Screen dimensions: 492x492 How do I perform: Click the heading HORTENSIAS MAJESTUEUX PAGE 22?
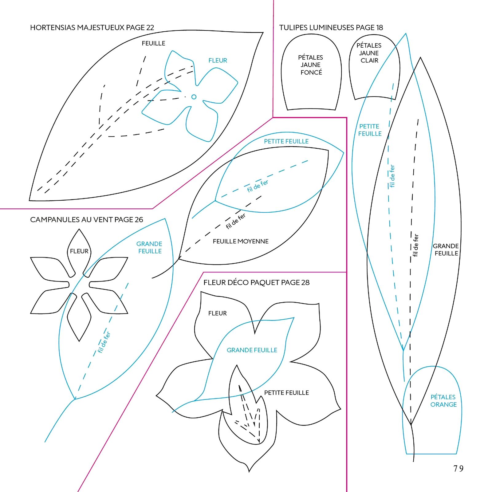pyautogui.click(x=92, y=28)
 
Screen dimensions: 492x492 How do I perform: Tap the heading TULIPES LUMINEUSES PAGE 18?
pyautogui.click(x=331, y=28)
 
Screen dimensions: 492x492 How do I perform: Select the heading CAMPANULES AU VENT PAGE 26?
pyautogui.click(x=86, y=220)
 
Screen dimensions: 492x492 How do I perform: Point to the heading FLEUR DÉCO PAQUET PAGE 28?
pyautogui.click(x=256, y=282)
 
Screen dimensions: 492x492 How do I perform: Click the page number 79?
pyautogui.click(x=458, y=468)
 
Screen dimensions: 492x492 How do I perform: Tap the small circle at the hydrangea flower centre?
pyautogui.click(x=194, y=97)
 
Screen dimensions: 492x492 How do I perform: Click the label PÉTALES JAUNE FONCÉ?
pyautogui.click(x=311, y=65)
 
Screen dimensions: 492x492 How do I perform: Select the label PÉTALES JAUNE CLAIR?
pyautogui.click(x=369, y=53)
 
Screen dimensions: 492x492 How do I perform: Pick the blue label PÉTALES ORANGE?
pyautogui.click(x=443, y=401)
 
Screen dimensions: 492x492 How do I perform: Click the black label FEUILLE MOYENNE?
pyautogui.click(x=241, y=242)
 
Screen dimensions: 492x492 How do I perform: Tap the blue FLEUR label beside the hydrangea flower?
pyautogui.click(x=218, y=61)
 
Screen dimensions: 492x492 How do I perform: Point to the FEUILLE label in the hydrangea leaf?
pyautogui.click(x=153, y=43)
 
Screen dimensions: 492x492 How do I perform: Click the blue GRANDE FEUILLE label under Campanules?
pyautogui.click(x=149, y=247)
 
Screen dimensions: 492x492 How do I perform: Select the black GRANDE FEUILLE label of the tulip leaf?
pyautogui.click(x=446, y=250)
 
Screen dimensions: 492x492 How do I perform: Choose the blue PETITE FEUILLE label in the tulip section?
pyautogui.click(x=370, y=130)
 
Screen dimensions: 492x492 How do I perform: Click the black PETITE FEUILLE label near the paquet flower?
pyautogui.click(x=286, y=393)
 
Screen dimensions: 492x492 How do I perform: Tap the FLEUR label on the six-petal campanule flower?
pyautogui.click(x=79, y=251)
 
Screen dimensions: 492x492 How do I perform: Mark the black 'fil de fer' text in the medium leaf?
pyautogui.click(x=236, y=221)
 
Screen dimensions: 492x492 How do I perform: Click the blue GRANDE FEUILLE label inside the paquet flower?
pyautogui.click(x=252, y=350)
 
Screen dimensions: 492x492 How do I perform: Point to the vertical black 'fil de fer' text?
pyautogui.click(x=415, y=245)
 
